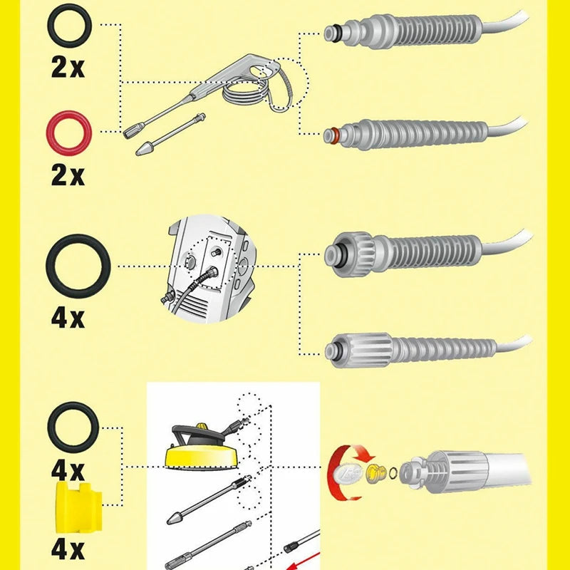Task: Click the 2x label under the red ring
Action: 68,175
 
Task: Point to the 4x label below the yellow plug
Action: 68,549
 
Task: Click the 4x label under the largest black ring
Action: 68,316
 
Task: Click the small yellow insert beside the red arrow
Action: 373,472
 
